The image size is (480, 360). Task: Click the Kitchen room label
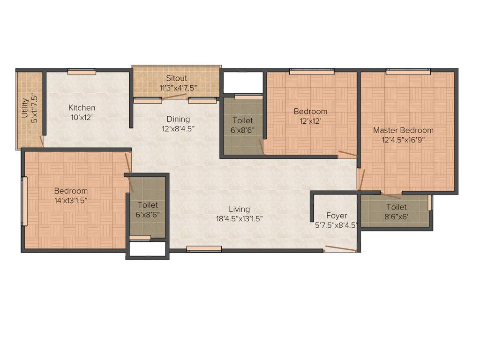82,108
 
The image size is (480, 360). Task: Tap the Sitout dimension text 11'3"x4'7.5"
176,87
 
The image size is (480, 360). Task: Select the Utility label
24,109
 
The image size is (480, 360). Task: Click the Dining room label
178,119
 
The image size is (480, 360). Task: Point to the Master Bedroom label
403,130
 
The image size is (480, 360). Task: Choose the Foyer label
337,216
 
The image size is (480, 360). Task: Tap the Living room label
239,209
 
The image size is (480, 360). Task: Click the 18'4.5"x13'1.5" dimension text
239,218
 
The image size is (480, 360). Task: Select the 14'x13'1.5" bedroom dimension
71,200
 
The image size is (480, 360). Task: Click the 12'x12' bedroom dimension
310,121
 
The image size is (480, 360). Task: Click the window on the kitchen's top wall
82,72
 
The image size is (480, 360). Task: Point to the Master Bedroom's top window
408,72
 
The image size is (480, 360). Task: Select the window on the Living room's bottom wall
204,249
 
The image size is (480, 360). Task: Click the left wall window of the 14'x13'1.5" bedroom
25,201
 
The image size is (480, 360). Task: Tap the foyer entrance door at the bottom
341,248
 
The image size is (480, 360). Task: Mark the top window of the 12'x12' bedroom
312,72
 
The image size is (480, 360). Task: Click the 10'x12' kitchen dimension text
82,117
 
